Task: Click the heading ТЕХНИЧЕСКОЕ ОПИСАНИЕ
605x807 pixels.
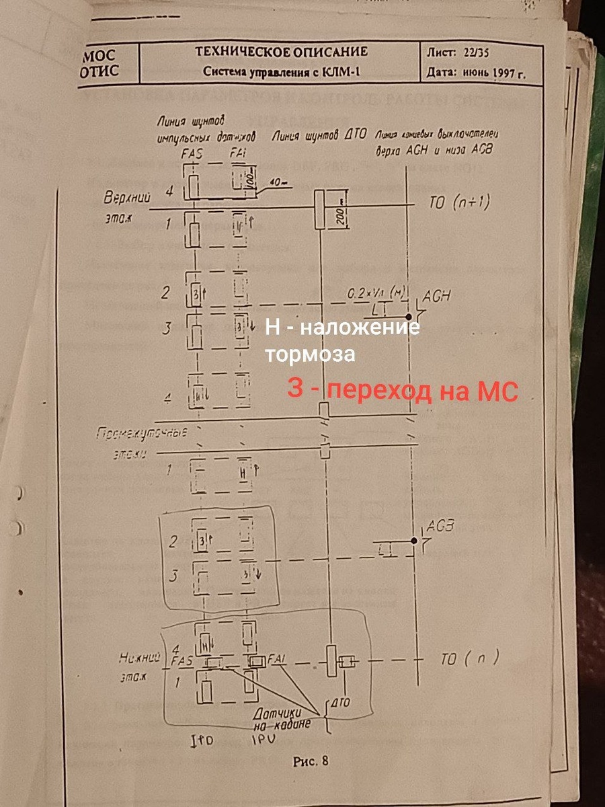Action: (281, 52)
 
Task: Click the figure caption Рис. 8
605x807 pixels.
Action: (311, 761)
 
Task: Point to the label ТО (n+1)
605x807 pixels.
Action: (462, 202)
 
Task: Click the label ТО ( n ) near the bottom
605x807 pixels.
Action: (470, 659)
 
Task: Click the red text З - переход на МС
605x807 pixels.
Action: (403, 390)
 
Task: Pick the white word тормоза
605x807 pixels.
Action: (310, 354)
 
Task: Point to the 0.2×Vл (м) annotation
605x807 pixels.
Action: (376, 293)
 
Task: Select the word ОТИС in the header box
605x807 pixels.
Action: (99, 71)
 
